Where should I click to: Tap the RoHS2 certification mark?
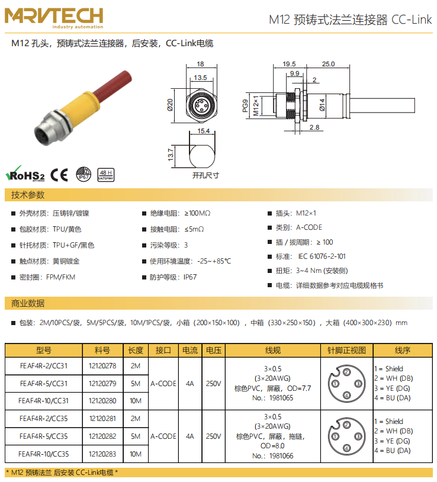(25, 175)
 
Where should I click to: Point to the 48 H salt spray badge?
(106, 174)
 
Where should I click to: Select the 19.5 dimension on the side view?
(289, 64)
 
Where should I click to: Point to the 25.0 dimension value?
(328, 64)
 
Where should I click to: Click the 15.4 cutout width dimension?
(203, 131)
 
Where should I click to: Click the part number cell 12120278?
(102, 366)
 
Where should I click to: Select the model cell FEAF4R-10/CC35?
(44, 454)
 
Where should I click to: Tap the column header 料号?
(102, 350)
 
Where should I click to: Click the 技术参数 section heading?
(28, 195)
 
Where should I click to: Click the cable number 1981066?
(281, 455)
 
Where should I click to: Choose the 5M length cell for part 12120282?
(135, 436)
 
